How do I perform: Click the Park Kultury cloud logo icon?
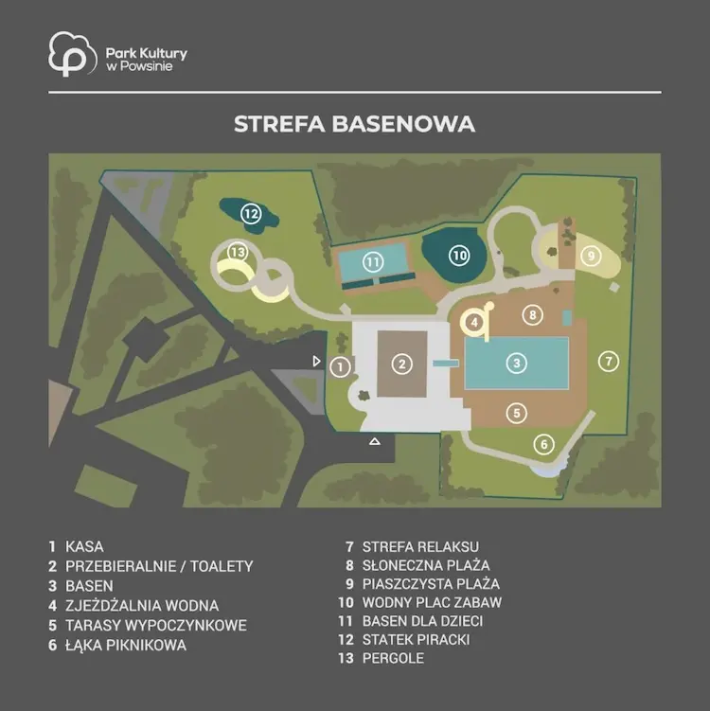[73, 54]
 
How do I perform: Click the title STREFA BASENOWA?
[355, 124]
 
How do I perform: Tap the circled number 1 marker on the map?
[340, 366]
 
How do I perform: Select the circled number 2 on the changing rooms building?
[401, 364]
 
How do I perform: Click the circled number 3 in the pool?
[516, 363]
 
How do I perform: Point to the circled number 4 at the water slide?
[474, 323]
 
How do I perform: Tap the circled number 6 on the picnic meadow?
[544, 444]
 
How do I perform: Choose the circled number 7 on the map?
[609, 362]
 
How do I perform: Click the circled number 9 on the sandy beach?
[591, 257]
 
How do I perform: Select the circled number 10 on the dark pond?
[459, 256]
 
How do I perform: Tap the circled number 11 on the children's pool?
[373, 261]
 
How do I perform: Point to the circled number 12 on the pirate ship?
[251, 213]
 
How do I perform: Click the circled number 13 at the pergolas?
[238, 252]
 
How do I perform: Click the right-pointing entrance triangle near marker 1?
[316, 361]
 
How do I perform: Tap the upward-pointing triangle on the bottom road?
[375, 441]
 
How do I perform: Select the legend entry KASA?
[84, 546]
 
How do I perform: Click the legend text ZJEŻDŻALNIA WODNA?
[142, 605]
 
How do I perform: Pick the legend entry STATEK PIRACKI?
[416, 639]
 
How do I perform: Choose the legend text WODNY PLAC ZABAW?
[432, 602]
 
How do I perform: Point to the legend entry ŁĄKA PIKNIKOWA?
[126, 645]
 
